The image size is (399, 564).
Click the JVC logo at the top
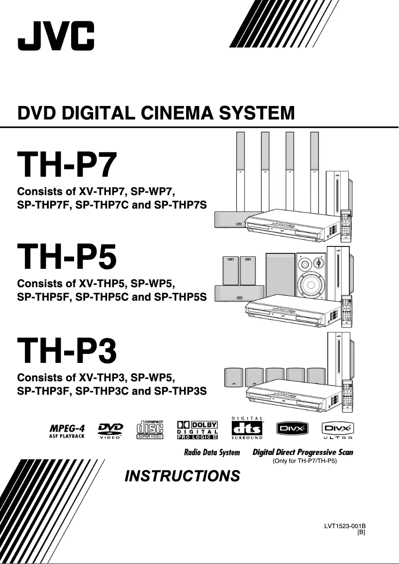point(56,36)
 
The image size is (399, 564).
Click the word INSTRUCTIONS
point(182,476)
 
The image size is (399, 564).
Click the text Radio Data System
point(212,452)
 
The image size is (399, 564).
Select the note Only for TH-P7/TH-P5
point(304,461)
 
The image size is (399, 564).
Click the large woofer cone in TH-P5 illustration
point(310,285)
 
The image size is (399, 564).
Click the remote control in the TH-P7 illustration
point(345,225)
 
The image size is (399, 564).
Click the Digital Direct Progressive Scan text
point(303,452)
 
